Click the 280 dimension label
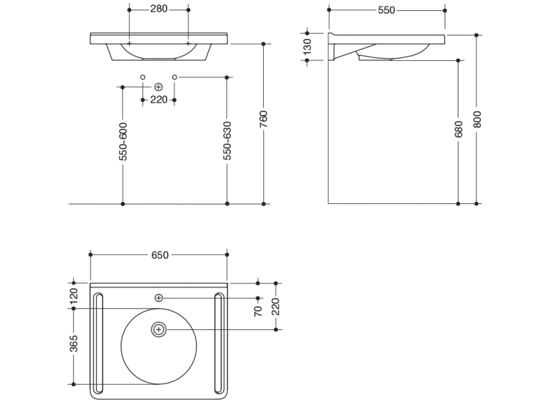[x=159, y=10]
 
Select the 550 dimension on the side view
[x=387, y=10]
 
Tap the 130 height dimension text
[x=308, y=47]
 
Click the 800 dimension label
[x=478, y=119]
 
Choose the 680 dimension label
[x=458, y=128]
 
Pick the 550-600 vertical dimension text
[x=123, y=142]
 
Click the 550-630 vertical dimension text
[x=228, y=142]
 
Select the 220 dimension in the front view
[x=158, y=100]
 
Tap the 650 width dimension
[x=159, y=255]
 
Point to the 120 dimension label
[x=75, y=296]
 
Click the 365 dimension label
[x=75, y=346]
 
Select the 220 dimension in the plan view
[x=276, y=305]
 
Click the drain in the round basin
[x=159, y=329]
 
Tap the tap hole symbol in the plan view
[x=158, y=298]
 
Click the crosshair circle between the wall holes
[x=158, y=87]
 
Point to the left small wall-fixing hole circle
[x=143, y=77]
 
